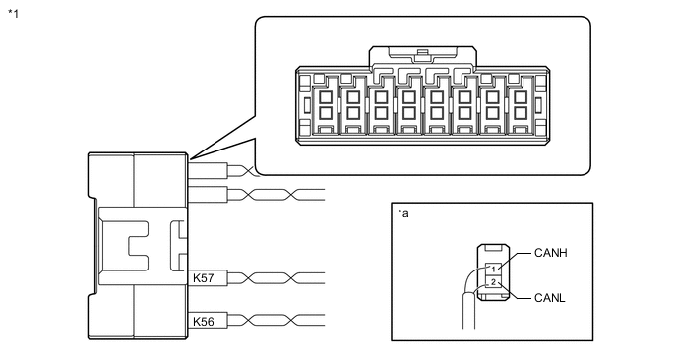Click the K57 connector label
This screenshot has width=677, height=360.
[x=203, y=278]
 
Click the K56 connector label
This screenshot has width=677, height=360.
[x=203, y=322]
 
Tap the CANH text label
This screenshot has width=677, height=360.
[x=550, y=253]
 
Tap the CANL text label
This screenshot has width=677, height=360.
[x=550, y=298]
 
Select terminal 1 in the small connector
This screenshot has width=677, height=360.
[x=493, y=270]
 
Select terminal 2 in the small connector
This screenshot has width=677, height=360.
[x=493, y=283]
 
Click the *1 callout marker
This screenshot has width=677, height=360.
[x=14, y=14]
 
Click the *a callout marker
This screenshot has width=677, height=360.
[x=402, y=213]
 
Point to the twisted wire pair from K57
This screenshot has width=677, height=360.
[x=276, y=278]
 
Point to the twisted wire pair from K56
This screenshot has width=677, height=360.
[x=276, y=321]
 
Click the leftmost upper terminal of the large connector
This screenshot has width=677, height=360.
[x=325, y=97]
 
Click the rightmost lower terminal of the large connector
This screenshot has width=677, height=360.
[x=521, y=113]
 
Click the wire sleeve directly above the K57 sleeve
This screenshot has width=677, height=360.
[x=208, y=194]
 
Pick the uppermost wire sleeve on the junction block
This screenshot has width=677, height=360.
[x=208, y=169]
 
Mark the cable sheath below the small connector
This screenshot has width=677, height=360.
[x=469, y=310]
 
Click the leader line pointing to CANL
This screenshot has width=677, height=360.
[x=515, y=291]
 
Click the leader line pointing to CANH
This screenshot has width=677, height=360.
[x=515, y=262]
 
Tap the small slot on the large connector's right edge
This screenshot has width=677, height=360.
[x=539, y=105]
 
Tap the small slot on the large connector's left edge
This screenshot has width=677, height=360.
[x=307, y=105]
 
